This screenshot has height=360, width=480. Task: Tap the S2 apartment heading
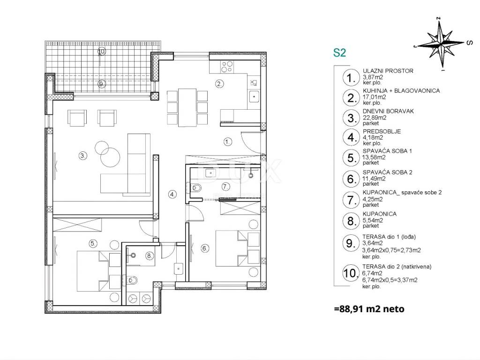point(339,52)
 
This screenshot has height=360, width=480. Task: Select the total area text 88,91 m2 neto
point(369,309)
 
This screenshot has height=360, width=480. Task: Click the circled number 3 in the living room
point(82,156)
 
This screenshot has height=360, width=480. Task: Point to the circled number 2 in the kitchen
point(219,83)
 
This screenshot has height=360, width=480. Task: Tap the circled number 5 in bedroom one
point(93,244)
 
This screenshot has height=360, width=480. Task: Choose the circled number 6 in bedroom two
point(205,248)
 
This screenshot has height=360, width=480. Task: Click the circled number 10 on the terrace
point(101,52)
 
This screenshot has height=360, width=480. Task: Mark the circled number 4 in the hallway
point(172,194)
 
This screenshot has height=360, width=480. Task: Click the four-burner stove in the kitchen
point(227,67)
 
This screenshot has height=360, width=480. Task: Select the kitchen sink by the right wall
point(254,97)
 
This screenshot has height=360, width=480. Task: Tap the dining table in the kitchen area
point(187,107)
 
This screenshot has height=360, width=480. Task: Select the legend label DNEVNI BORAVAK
point(388,111)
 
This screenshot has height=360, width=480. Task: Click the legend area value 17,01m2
point(374,97)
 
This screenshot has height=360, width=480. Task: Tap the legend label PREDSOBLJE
point(382,131)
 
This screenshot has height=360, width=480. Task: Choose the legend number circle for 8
point(351,220)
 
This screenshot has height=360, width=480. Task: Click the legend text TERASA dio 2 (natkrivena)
point(397,267)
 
